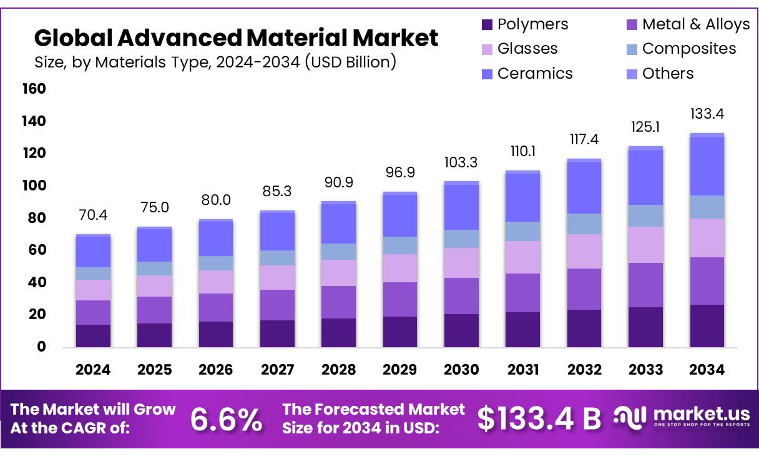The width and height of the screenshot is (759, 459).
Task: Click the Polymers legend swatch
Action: pyautogui.click(x=487, y=25)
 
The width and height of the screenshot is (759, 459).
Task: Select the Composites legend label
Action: pyautogui.click(x=689, y=49)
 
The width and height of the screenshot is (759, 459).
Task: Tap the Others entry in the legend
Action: pyautogui.click(x=668, y=74)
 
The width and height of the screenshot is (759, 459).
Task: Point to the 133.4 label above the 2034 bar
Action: pyautogui.click(x=707, y=114)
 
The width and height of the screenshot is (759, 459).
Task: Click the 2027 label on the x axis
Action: pyautogui.click(x=277, y=370)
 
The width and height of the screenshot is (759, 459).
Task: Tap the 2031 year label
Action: pyautogui.click(x=522, y=370)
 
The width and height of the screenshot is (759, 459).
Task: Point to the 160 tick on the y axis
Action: pyautogui.click(x=34, y=89)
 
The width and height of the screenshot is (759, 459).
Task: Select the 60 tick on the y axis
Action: pyautogui.click(x=36, y=250)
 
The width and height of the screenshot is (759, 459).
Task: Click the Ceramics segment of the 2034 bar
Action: pyautogui.click(x=707, y=166)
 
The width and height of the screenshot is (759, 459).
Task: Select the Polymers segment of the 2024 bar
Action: pyautogui.click(x=93, y=335)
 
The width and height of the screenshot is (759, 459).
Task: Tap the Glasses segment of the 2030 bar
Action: pyautogui.click(x=461, y=263)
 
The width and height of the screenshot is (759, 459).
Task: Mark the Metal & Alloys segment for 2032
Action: pyautogui.click(x=584, y=289)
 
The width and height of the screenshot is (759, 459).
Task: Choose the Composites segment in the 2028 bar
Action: pyautogui.click(x=338, y=252)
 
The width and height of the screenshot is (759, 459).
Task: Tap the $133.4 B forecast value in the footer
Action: pyautogui.click(x=539, y=419)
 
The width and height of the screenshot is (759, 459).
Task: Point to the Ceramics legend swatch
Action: pyautogui.click(x=487, y=74)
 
